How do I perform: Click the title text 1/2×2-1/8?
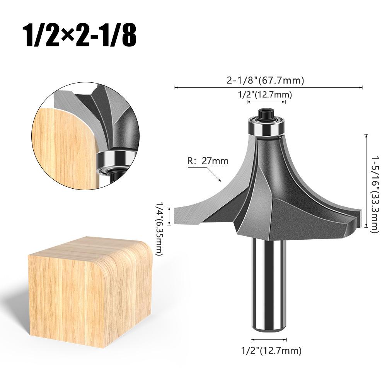pos(80,35)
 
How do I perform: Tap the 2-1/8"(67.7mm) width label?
pos(265,80)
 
